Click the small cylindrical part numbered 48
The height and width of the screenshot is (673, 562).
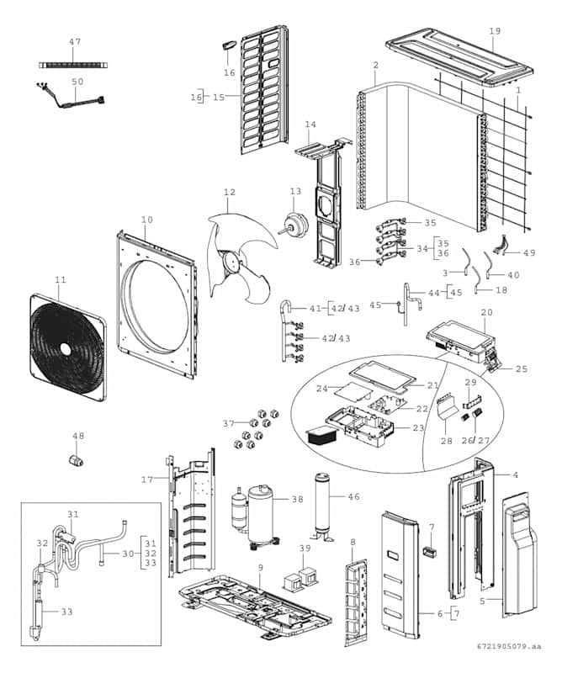tap(78, 459)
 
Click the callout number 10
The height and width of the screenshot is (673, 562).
tap(147, 220)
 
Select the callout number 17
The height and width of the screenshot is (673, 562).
tap(146, 480)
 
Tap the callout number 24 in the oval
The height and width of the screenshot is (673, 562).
tap(321, 389)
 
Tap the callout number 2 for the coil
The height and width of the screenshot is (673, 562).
tap(375, 66)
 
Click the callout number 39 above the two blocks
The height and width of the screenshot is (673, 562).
tap(305, 549)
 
